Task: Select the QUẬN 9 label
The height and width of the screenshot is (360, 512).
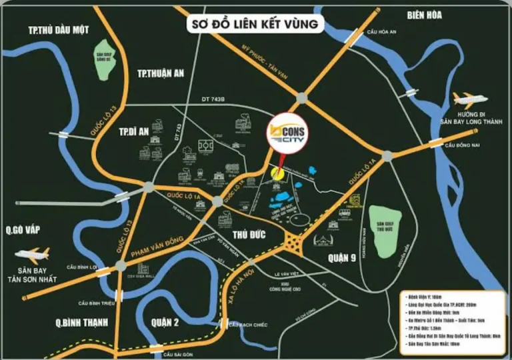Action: tap(335, 257)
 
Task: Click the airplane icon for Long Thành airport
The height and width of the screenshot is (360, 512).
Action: tap(470, 99)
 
